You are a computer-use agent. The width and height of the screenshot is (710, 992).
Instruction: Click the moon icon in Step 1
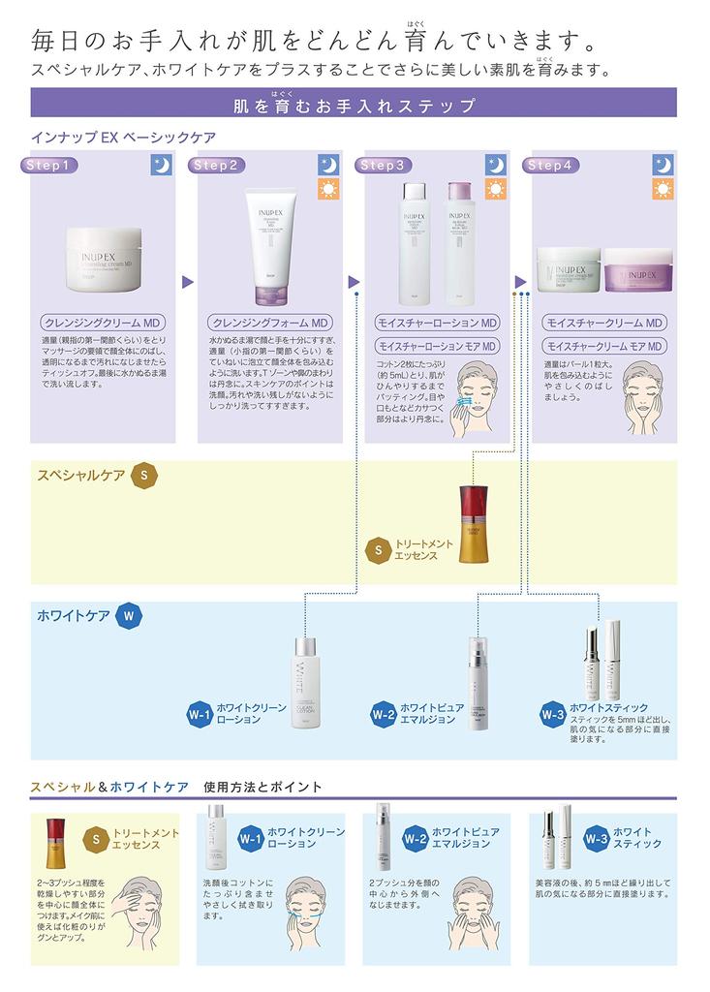coord(162,165)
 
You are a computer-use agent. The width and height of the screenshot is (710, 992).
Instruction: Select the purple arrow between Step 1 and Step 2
coord(188,282)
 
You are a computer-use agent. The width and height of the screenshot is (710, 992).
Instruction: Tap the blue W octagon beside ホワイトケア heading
coord(128,615)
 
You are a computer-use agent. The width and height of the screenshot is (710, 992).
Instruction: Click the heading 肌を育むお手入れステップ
coord(355,105)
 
